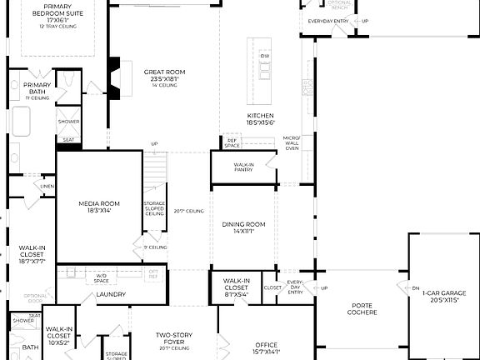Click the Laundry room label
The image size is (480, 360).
[x=110, y=294]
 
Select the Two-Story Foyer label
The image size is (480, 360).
[x=175, y=338]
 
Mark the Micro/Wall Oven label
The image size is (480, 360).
[x=291, y=143]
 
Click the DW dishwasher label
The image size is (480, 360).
[x=265, y=56]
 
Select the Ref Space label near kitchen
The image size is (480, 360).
[x=232, y=142]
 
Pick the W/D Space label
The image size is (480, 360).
[x=102, y=276]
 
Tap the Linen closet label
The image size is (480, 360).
[x=47, y=186]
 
